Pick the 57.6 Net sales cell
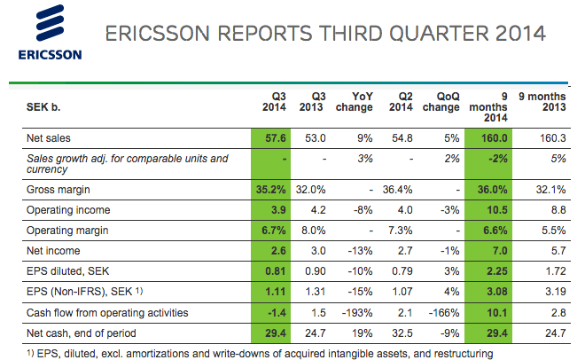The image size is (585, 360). point(272,138)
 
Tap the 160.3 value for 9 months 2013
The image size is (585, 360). point(552,138)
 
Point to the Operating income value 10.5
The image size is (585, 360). point(495,210)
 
